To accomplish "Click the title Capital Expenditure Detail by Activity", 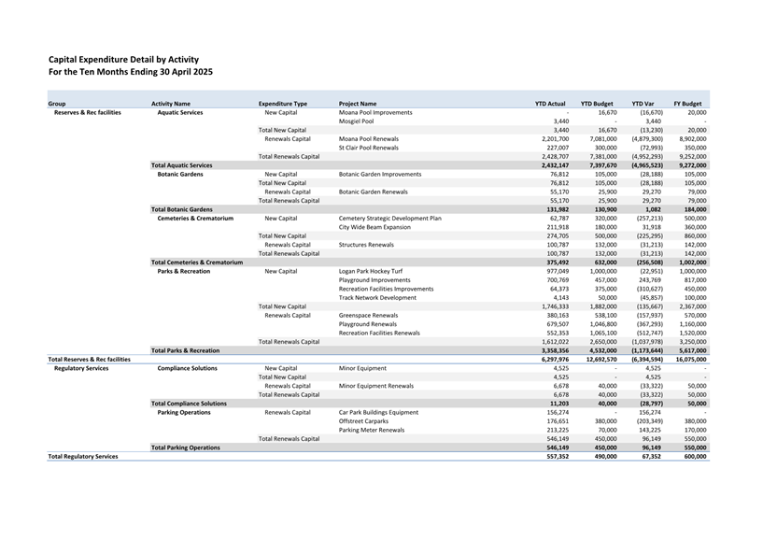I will [123, 59].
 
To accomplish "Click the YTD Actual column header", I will [550, 103].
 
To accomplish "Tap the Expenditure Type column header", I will [283, 103].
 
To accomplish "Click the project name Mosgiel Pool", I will [356, 121].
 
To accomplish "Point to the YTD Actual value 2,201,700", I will [549, 138].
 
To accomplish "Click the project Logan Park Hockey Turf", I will [371, 271].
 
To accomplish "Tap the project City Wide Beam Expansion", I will [374, 227].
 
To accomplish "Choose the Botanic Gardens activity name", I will [180, 174].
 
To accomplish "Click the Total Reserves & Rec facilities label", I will [90, 359].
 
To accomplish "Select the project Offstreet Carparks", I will [363, 420].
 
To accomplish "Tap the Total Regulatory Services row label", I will [83, 456].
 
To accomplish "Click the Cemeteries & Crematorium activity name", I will [195, 218].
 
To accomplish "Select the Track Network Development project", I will [377, 297].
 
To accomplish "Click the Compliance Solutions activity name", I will [188, 368].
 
